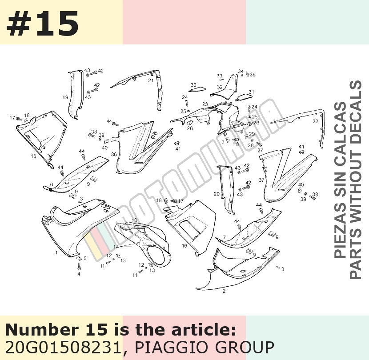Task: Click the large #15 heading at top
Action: pos(43,24)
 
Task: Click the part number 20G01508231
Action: pos(63,347)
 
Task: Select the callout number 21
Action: pos(151,80)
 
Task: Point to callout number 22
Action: pos(315,121)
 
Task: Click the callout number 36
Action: pos(114,154)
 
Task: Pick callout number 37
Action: pos(261,180)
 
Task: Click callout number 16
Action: pos(184,246)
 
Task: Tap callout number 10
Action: pos(134,220)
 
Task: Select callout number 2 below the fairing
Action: pos(224,291)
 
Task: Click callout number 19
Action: pos(65,97)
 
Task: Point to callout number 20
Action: pos(217,194)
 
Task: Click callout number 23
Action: pos(205,104)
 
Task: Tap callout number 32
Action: pos(220,87)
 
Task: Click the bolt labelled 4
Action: pos(79,266)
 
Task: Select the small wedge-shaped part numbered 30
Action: pos(197,89)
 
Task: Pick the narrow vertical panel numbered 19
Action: pos(76,94)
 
